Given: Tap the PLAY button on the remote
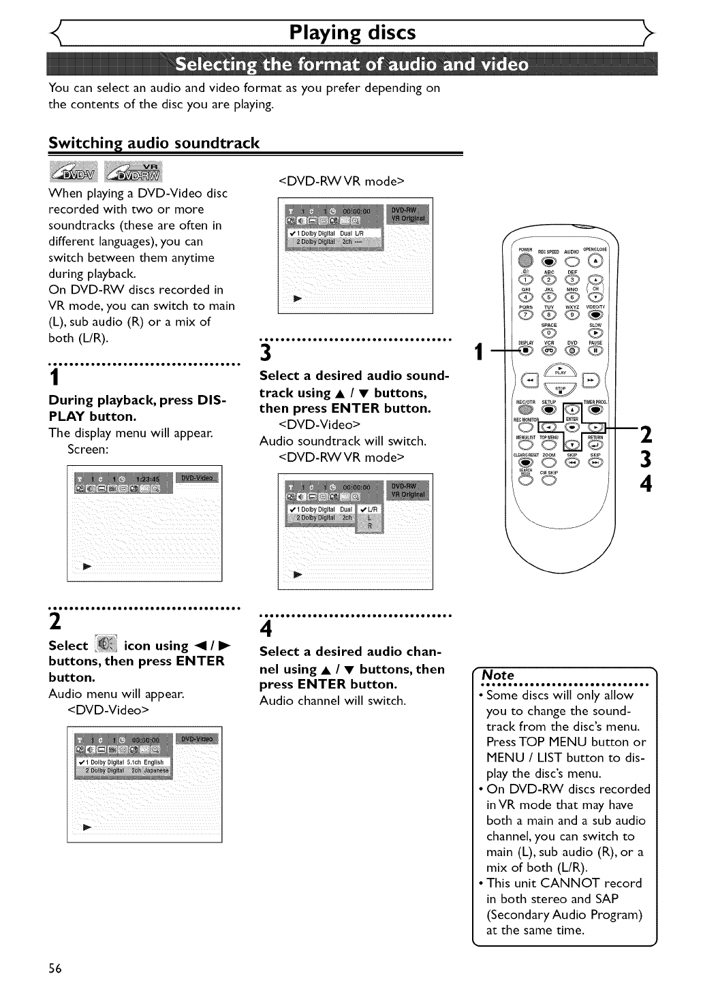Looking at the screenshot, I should tap(561, 377).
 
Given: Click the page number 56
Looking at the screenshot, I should tap(55, 968).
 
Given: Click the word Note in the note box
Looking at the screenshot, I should tap(498, 675).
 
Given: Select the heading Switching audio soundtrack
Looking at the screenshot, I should tap(154, 143).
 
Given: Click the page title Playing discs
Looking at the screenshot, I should tap(351, 33).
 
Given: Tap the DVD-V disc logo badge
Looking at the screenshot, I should tap(73, 172).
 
